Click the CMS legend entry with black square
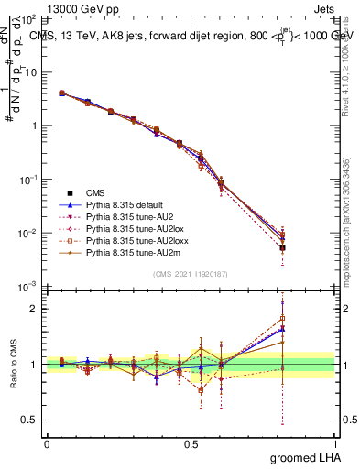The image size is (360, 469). click(96, 192)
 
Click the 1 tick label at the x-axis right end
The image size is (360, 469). click(334, 442)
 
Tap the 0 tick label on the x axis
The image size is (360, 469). click(47, 442)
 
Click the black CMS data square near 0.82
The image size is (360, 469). click(282, 247)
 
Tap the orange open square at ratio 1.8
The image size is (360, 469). click(282, 319)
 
